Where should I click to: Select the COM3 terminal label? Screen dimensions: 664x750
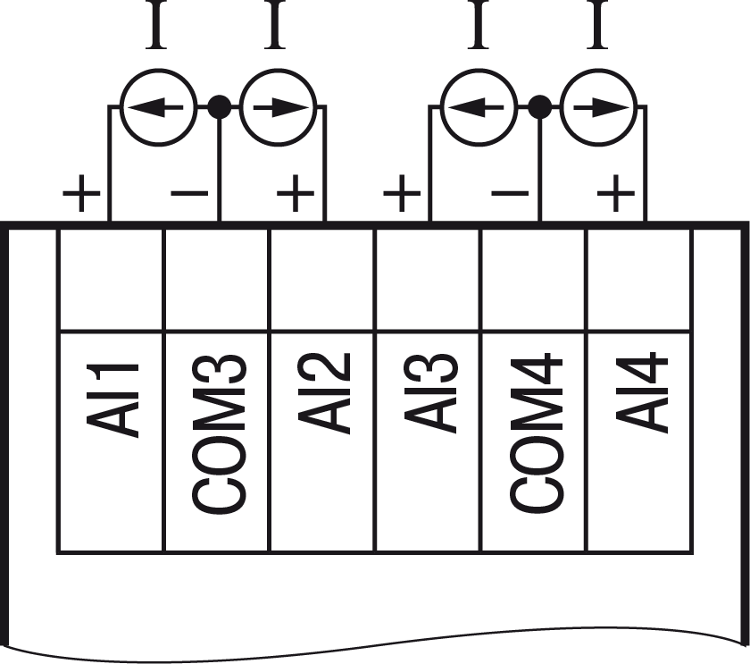[220, 435]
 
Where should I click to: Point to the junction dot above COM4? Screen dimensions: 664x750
[538, 107]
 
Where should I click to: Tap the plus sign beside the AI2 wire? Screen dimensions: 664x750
[296, 193]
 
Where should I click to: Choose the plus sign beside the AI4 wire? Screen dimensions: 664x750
[615, 193]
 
